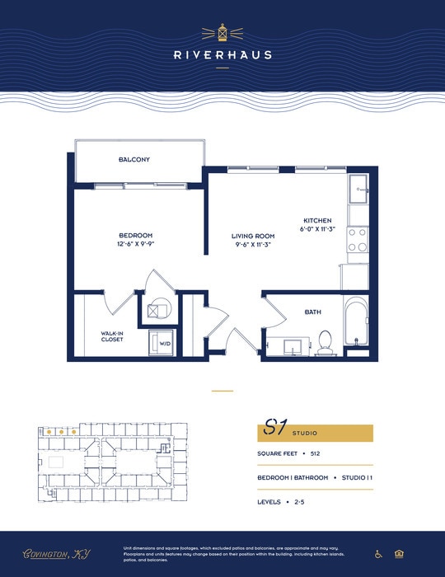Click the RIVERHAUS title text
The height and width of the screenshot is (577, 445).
(x=222, y=56)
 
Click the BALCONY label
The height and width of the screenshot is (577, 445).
(x=133, y=159)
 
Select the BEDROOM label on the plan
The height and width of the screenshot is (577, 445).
(x=134, y=236)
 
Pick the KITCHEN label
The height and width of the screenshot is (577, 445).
(x=317, y=221)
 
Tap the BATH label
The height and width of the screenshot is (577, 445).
(x=312, y=312)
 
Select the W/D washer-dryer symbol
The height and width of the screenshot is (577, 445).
(x=162, y=342)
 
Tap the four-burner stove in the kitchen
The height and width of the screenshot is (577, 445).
(x=357, y=239)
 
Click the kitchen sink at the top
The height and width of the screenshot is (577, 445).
(x=359, y=190)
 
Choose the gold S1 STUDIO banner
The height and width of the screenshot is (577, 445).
(x=316, y=432)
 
